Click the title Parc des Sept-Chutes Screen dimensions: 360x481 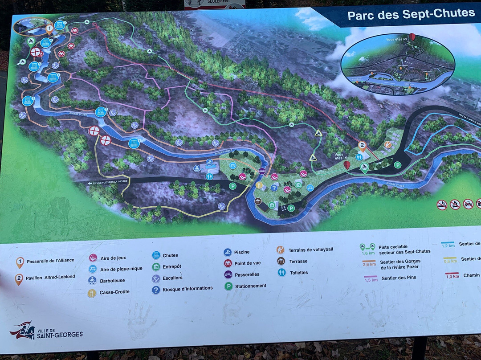point(411,14)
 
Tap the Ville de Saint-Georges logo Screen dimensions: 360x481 point(46,332)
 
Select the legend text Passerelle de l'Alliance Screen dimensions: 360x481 point(50,261)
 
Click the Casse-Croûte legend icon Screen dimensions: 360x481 point(92,293)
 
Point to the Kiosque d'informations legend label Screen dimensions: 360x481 point(188,288)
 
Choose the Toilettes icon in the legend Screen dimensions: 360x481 point(281,272)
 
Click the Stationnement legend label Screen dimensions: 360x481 point(251,286)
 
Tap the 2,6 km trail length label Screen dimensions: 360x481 point(370,265)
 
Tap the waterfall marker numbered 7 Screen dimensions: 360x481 point(60,25)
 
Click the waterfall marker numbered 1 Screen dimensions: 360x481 point(134,143)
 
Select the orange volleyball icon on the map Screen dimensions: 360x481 point(387,145)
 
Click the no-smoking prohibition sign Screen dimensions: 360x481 point(441,205)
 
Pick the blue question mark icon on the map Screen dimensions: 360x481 point(274,188)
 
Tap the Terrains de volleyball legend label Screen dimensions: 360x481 point(310,250)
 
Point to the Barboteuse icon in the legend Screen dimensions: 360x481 point(92,280)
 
